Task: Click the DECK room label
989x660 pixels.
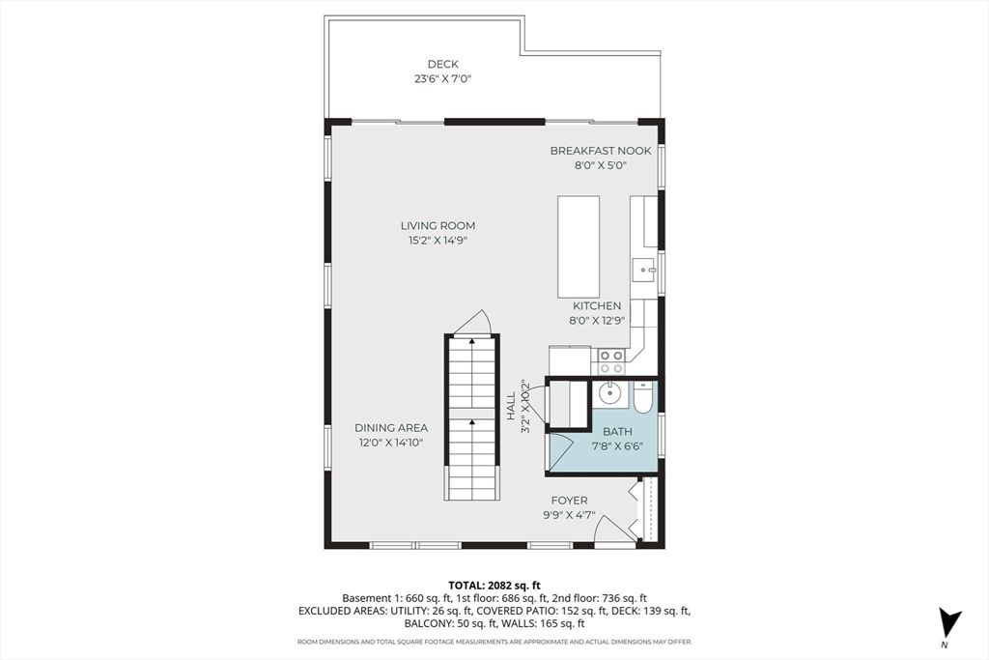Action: [x=442, y=64]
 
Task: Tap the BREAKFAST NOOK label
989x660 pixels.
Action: [x=601, y=151]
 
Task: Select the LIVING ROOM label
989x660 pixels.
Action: [x=438, y=225]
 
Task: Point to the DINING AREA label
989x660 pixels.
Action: [x=391, y=428]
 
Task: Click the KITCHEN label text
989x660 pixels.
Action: [x=597, y=306]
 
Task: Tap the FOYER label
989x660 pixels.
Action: [x=570, y=501]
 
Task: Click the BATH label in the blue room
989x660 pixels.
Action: [x=617, y=432]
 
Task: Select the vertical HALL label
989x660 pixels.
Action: [x=511, y=406]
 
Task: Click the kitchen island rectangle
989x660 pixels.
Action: [x=579, y=246]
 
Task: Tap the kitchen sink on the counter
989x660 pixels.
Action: [x=644, y=270]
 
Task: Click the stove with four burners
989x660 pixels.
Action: [x=610, y=361]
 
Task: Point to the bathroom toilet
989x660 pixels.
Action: [x=642, y=397]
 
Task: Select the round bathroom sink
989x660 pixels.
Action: [x=610, y=394]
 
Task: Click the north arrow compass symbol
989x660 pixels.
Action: [x=948, y=621]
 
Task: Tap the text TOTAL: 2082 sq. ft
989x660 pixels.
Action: [x=494, y=586]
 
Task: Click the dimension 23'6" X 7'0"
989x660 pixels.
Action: [x=442, y=79]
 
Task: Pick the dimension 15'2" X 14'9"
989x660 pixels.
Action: [x=438, y=241]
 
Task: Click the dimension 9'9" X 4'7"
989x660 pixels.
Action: [x=570, y=515]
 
